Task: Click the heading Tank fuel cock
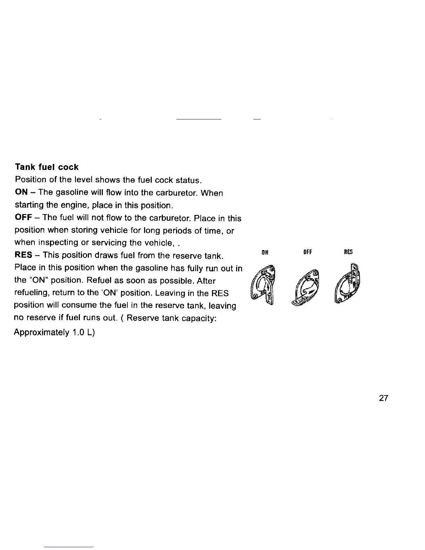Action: coord(47,167)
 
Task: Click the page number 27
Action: coord(384,398)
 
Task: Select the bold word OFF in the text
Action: coord(24,218)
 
